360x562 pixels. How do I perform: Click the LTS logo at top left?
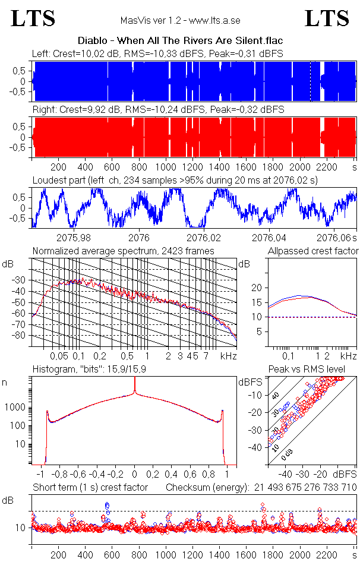pyautogui.click(x=33, y=18)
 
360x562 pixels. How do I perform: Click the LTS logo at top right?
pyautogui.click(x=327, y=18)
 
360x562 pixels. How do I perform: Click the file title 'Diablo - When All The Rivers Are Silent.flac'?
pyautogui.click(x=180, y=41)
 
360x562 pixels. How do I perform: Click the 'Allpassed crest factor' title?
pyautogui.click(x=313, y=251)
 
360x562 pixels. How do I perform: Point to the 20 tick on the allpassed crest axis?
pyautogui.click(x=257, y=288)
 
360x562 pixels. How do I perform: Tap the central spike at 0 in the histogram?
pyautogui.click(x=135, y=386)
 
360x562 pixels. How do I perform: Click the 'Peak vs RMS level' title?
pyautogui.click(x=314, y=370)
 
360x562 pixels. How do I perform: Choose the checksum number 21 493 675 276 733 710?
pyautogui.click(x=303, y=488)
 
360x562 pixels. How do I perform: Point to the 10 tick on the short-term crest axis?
pyautogui.click(x=21, y=528)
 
